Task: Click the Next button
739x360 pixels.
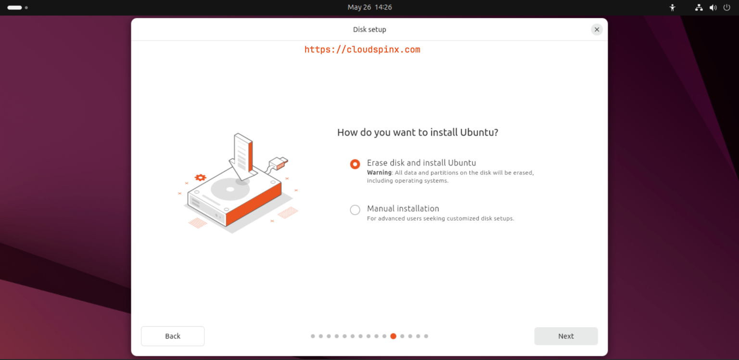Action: (x=566, y=336)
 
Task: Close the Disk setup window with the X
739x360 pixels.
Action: (x=597, y=29)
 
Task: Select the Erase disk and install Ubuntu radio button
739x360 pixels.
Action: (x=355, y=164)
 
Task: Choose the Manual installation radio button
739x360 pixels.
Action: (x=355, y=210)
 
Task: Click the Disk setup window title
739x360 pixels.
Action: (x=369, y=29)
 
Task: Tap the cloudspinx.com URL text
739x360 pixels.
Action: (x=362, y=49)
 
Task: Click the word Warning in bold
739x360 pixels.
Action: (x=379, y=172)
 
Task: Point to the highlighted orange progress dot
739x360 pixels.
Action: (x=393, y=336)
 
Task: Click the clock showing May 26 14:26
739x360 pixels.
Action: (x=369, y=7)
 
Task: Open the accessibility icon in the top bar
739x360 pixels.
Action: (x=673, y=8)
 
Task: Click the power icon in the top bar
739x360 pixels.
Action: (x=726, y=8)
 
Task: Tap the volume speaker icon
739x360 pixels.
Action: (x=713, y=8)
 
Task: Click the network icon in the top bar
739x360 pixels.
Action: (x=699, y=8)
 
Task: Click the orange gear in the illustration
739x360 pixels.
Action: (x=200, y=178)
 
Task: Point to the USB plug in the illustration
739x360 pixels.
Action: (x=279, y=163)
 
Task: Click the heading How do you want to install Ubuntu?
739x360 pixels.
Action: (x=418, y=132)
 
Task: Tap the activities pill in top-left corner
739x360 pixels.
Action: (x=14, y=8)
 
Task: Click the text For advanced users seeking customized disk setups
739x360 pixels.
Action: (x=440, y=219)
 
